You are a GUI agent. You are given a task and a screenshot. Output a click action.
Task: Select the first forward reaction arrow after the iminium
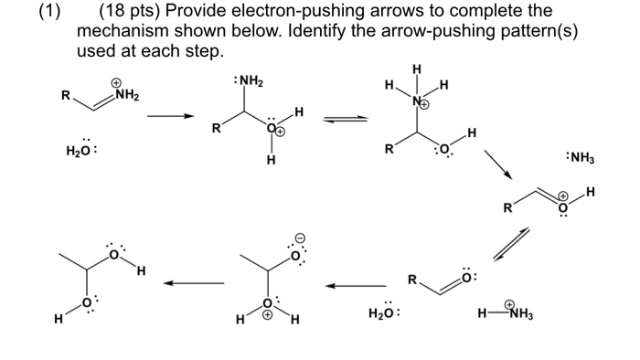171,117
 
